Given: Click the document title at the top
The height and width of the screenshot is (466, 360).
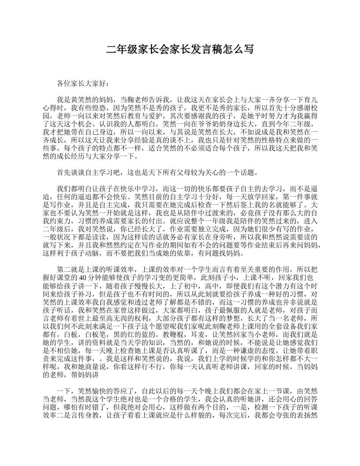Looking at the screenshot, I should point(180,50).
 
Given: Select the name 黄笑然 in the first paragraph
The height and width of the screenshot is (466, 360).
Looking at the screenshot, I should point(81,100).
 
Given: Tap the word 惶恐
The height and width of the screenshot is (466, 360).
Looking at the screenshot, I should point(92,108).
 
